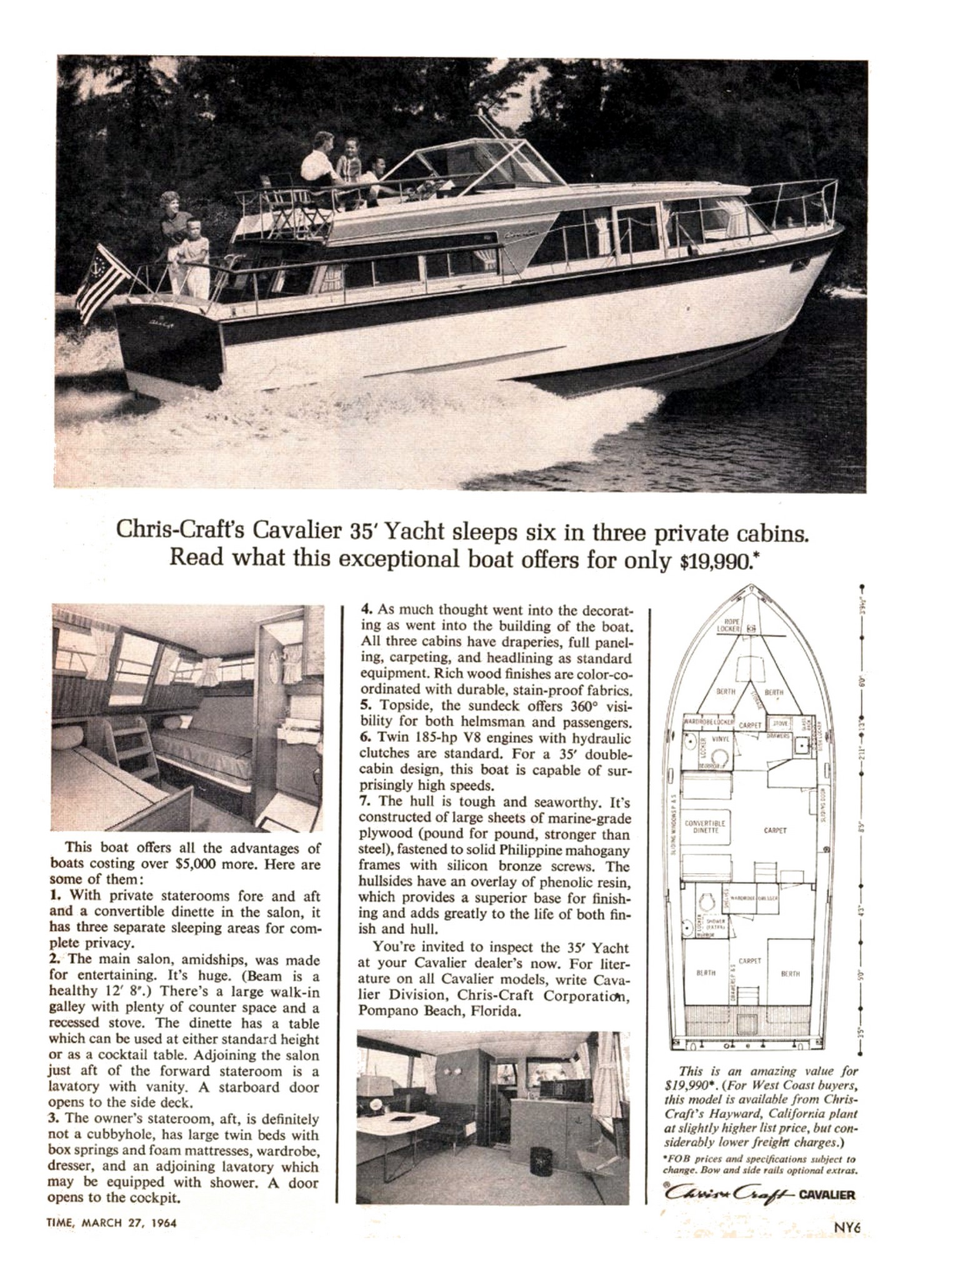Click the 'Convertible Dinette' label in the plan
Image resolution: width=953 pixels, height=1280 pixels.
(705, 827)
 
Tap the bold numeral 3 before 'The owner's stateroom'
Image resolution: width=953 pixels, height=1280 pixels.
(53, 1117)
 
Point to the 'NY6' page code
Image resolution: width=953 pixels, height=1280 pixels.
(847, 1226)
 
